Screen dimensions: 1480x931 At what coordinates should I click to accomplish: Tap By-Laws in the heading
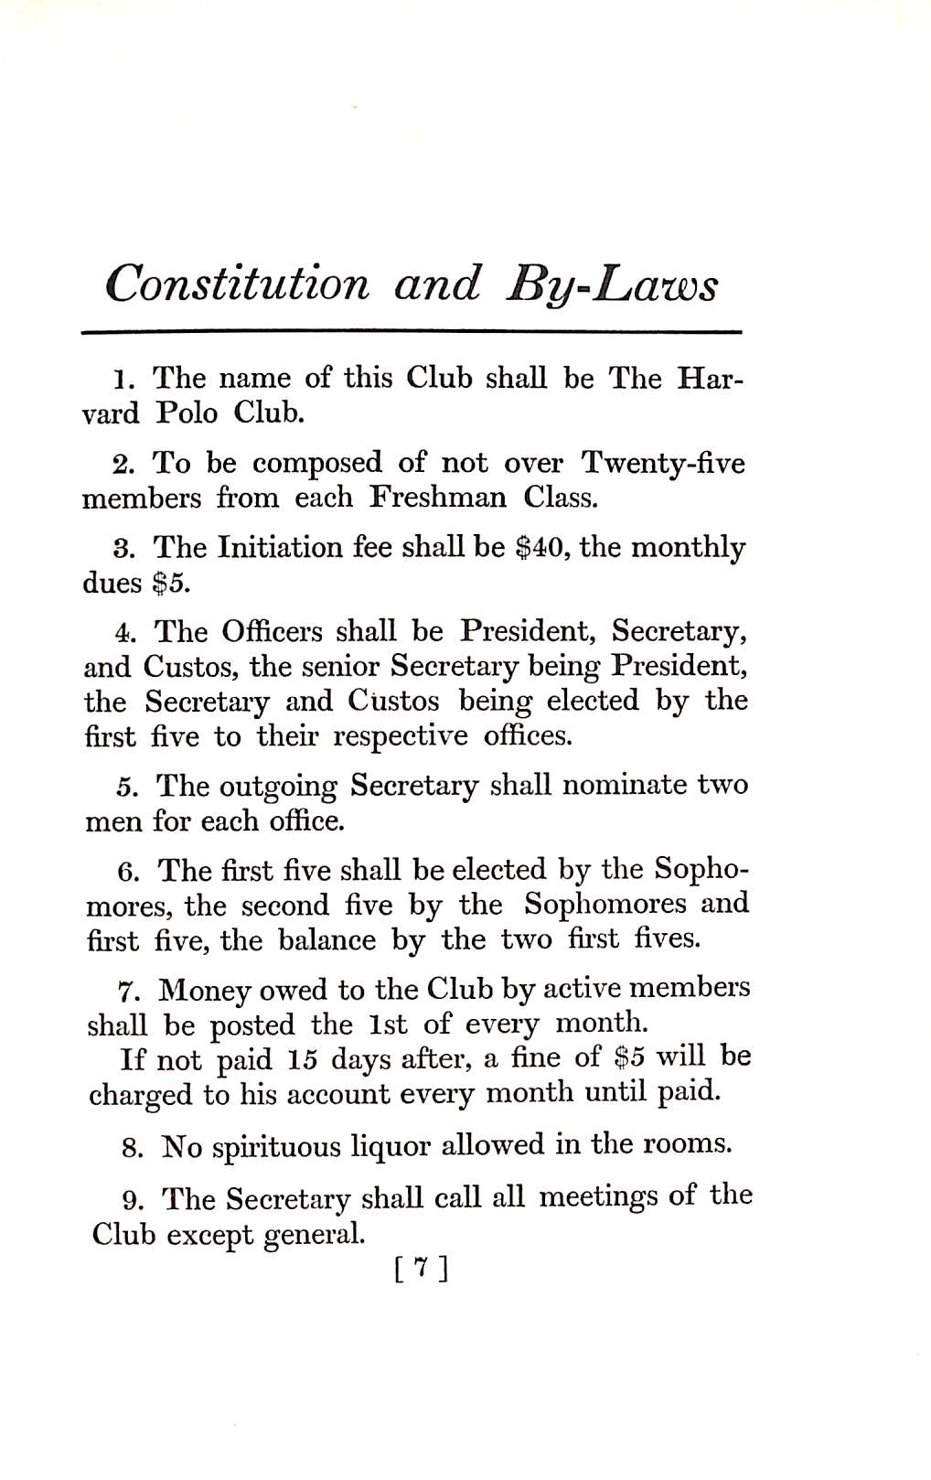pos(612,284)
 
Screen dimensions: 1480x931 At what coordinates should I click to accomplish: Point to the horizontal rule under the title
pos(411,331)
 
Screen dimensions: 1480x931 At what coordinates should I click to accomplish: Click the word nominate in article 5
pos(624,786)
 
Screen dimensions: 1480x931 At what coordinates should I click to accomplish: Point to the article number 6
pos(128,872)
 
